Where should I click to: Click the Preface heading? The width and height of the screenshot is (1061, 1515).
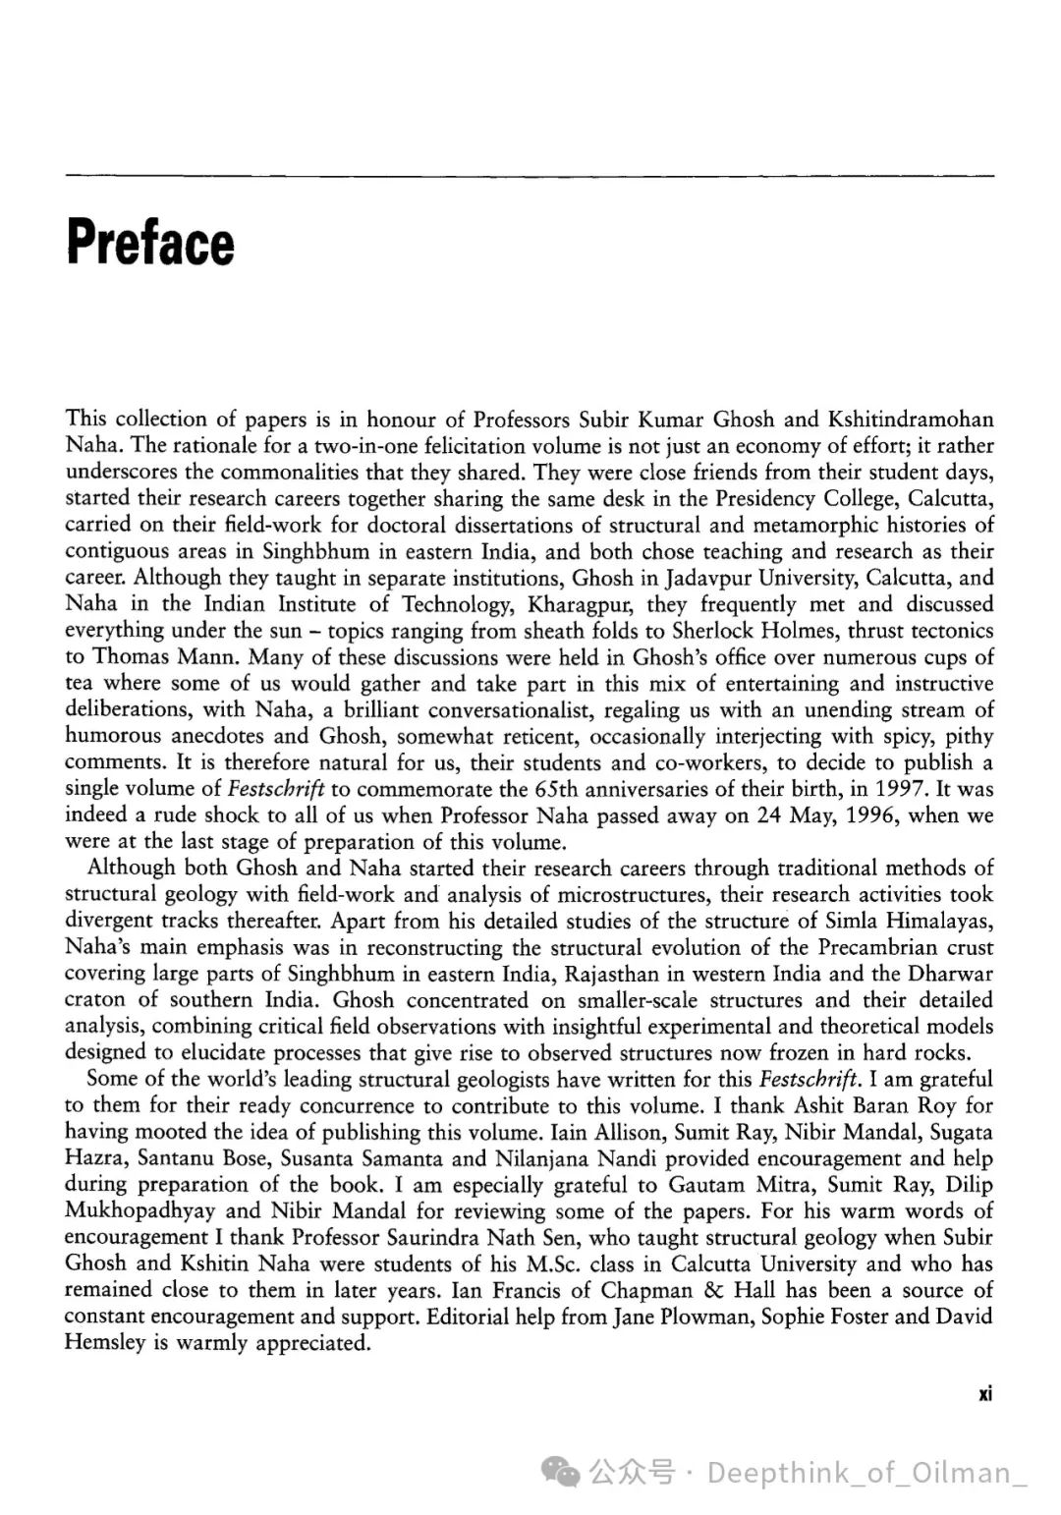[150, 243]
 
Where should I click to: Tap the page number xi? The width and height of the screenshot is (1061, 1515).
[985, 1393]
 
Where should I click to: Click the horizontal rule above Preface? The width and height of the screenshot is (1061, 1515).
[530, 177]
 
